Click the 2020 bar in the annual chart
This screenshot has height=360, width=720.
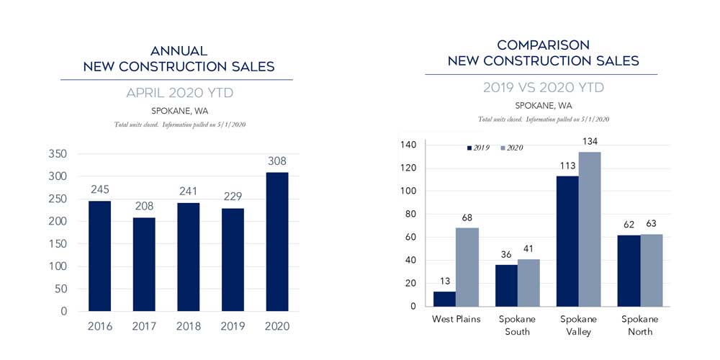click(x=276, y=241)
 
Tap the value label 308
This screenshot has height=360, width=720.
click(x=276, y=161)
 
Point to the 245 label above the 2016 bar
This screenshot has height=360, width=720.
click(x=101, y=189)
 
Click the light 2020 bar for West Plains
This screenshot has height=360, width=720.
click(x=467, y=266)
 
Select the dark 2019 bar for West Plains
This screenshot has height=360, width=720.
click(x=445, y=298)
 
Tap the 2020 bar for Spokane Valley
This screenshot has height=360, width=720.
click(x=589, y=228)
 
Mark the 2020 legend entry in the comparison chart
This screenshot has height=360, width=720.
click(x=511, y=148)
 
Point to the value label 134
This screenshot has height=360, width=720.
click(x=589, y=144)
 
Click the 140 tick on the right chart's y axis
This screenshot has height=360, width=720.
click(x=408, y=145)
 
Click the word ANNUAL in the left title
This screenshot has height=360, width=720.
click(x=179, y=51)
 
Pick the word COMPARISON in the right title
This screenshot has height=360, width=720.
click(x=543, y=45)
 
